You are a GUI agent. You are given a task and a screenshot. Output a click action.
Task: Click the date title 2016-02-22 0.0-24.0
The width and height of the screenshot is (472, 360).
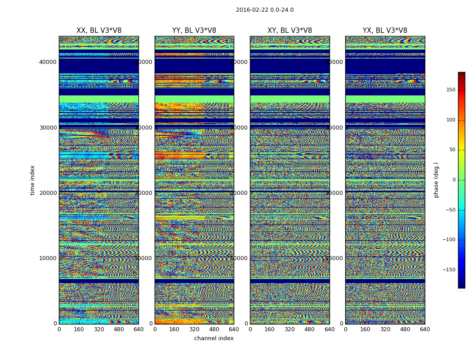click(264, 10)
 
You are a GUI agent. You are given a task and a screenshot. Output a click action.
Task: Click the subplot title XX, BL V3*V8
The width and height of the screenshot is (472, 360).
click(99, 31)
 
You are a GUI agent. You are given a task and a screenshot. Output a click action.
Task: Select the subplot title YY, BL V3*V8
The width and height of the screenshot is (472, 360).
click(194, 31)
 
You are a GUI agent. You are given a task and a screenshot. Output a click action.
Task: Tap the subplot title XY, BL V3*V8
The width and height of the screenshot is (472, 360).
click(289, 31)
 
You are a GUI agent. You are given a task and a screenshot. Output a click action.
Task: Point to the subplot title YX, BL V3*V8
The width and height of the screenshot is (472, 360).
click(385, 31)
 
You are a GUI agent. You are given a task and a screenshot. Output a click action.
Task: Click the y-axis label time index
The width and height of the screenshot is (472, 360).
click(32, 180)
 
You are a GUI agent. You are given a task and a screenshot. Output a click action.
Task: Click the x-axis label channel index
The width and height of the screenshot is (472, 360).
click(214, 338)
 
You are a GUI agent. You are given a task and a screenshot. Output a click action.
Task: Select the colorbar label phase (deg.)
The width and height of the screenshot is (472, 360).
click(436, 180)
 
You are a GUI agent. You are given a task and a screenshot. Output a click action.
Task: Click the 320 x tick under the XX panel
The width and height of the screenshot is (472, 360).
click(99, 329)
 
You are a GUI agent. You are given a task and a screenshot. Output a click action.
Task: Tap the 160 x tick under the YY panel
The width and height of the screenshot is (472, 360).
click(174, 329)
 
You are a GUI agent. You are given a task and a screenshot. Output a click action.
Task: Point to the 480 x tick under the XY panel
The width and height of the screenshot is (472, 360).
click(310, 329)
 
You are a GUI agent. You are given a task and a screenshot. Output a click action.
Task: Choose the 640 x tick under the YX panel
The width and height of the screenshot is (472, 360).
click(425, 329)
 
